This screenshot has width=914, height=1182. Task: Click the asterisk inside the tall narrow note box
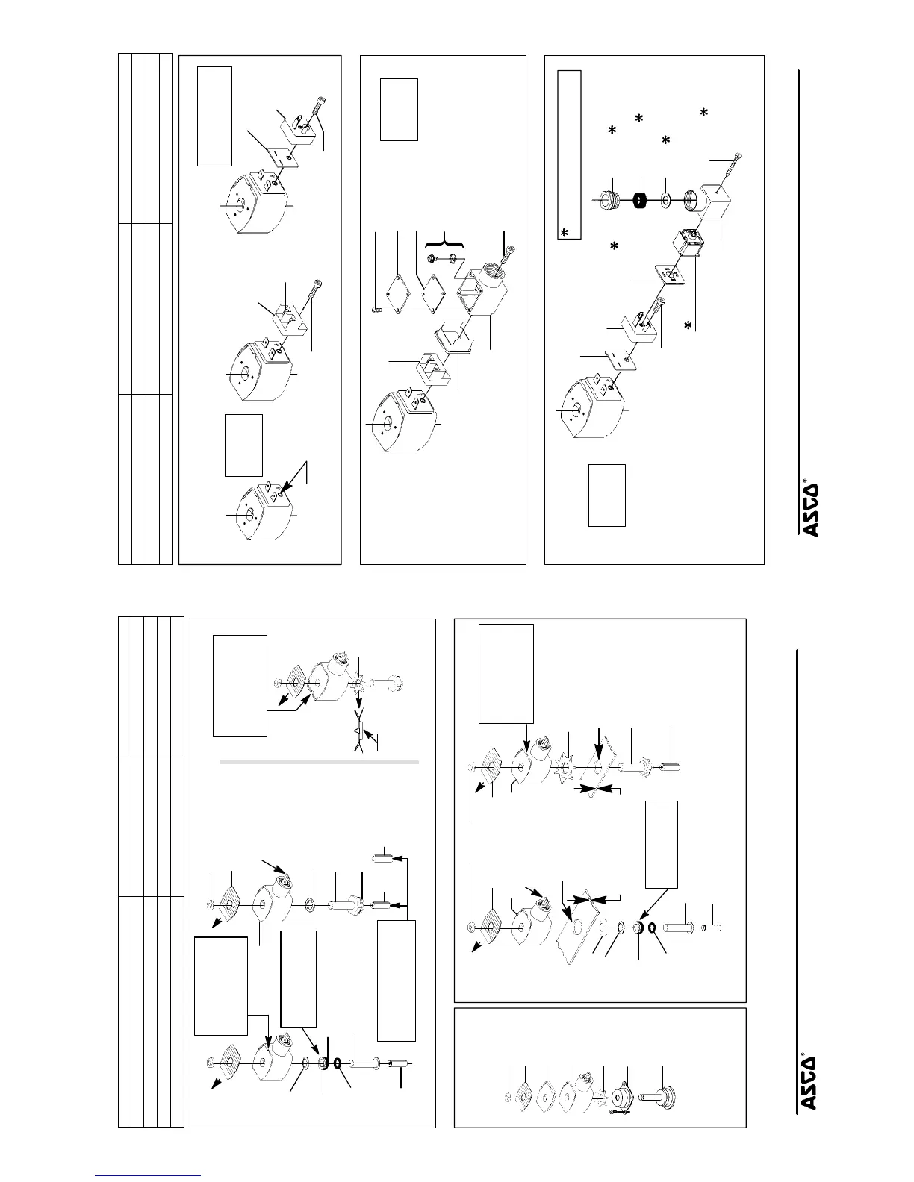(x=565, y=234)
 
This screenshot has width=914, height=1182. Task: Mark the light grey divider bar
(x=320, y=763)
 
